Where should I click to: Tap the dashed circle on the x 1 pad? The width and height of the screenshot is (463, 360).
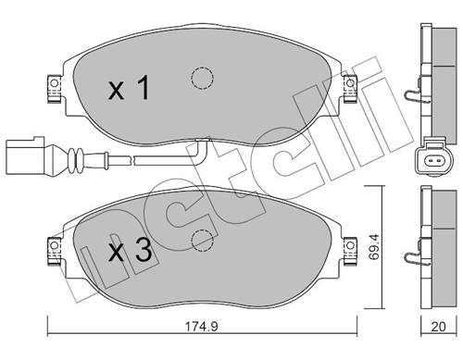click(199, 78)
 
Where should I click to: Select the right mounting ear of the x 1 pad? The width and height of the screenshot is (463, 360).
click(351, 86)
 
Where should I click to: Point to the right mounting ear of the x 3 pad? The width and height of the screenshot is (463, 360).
click(351, 248)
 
